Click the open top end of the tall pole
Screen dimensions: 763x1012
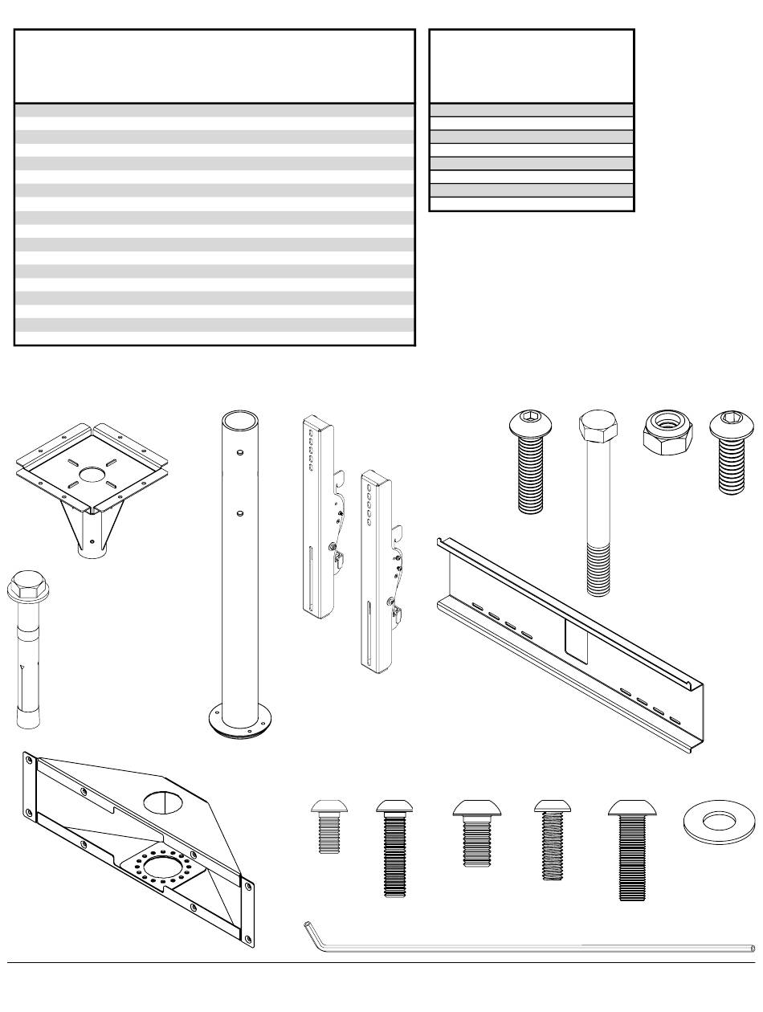(239, 421)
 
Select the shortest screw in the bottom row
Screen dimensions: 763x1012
(328, 826)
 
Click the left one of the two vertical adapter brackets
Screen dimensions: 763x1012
(319, 515)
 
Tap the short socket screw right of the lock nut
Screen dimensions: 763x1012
(728, 452)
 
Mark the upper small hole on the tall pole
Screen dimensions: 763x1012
(240, 454)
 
